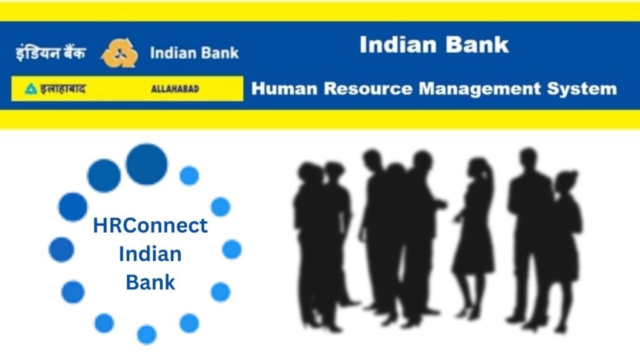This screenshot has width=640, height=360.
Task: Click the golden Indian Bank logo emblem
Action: pos(119,53)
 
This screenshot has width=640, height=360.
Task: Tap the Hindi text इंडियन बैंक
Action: pos(51,53)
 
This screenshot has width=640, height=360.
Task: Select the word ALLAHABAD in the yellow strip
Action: pos(175,89)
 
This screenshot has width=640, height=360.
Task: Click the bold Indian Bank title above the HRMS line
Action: pos(434,45)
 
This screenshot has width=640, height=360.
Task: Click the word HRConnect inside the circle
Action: pos(150,226)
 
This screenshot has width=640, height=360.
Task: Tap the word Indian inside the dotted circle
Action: pos(150,254)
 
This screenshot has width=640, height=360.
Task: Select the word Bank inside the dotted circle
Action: pos(150,282)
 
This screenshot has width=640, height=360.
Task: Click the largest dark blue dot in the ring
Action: pos(147,164)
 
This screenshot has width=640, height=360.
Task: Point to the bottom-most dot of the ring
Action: pos(147,335)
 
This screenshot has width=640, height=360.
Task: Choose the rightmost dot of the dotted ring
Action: pos(232,249)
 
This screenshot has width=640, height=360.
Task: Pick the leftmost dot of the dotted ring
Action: pos(61,249)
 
